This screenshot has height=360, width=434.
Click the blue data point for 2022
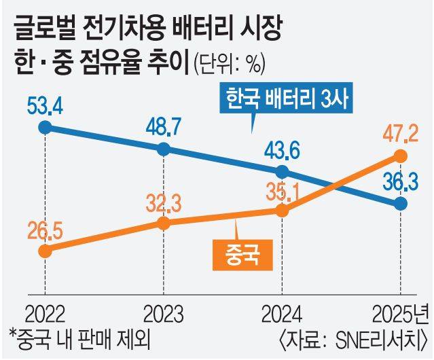pos(45,127)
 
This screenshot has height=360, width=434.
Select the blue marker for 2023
pos(164,149)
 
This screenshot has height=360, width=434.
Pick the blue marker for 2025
pos(401,204)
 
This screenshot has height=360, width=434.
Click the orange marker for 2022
pos(45,251)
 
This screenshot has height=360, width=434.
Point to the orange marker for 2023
pos(164,223)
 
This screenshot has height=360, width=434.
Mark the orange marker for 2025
pos(401,157)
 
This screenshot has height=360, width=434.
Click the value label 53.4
pos(45,107)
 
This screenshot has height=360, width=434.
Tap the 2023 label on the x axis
pos(164,314)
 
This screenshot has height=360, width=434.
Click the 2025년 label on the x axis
pos(401,314)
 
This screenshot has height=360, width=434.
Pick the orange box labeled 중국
pos(238,253)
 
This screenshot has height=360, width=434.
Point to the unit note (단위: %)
pos(229,66)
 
